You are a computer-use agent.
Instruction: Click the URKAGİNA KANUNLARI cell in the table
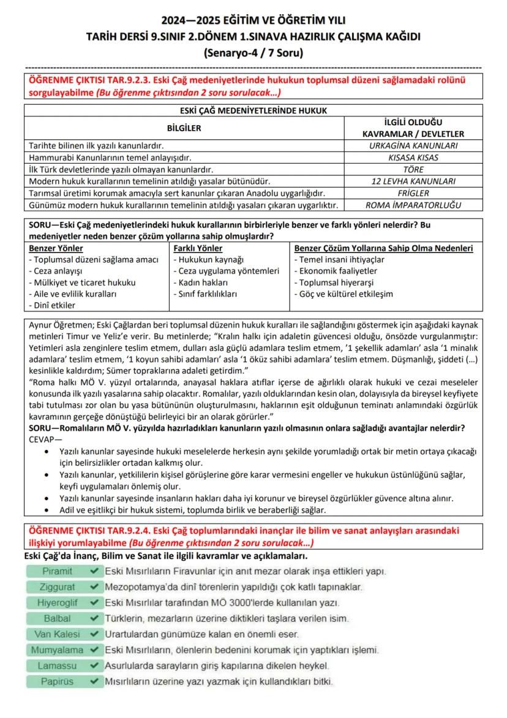413,146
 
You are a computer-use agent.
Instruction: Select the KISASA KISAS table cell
413,158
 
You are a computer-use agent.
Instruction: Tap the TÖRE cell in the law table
413,169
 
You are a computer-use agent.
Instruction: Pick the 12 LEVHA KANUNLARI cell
413,181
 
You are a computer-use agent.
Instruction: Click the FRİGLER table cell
413,193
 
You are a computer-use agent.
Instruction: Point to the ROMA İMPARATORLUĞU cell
413,205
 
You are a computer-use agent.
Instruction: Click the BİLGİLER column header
184,128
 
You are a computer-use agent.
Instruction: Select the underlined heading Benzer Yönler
56,248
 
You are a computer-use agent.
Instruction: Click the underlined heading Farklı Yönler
198,248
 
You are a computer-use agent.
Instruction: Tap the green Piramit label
58,571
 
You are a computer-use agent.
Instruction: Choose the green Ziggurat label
58,587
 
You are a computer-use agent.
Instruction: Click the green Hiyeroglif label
58,603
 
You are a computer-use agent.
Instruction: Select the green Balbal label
58,619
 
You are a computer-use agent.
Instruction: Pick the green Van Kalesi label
58,634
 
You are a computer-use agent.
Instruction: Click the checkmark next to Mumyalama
94,649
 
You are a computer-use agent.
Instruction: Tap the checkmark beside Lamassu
94,665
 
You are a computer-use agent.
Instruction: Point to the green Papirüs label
58,681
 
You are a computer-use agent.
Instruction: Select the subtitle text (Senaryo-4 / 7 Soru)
254,53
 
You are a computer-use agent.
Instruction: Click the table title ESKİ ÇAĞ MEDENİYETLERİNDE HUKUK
254,110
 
